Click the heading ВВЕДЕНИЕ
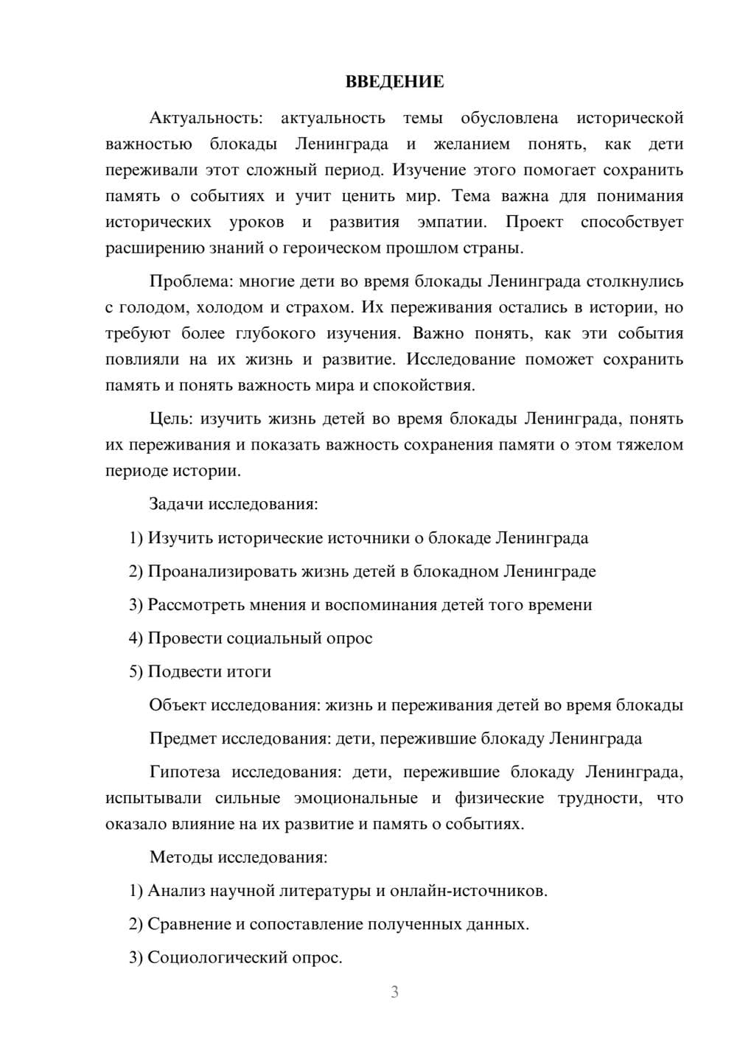point(394,82)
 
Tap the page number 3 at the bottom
point(394,992)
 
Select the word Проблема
point(181,282)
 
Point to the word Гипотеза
point(184,772)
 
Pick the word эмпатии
point(451,222)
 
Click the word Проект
point(534,222)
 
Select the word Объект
point(178,705)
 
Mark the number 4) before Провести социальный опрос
point(136,638)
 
